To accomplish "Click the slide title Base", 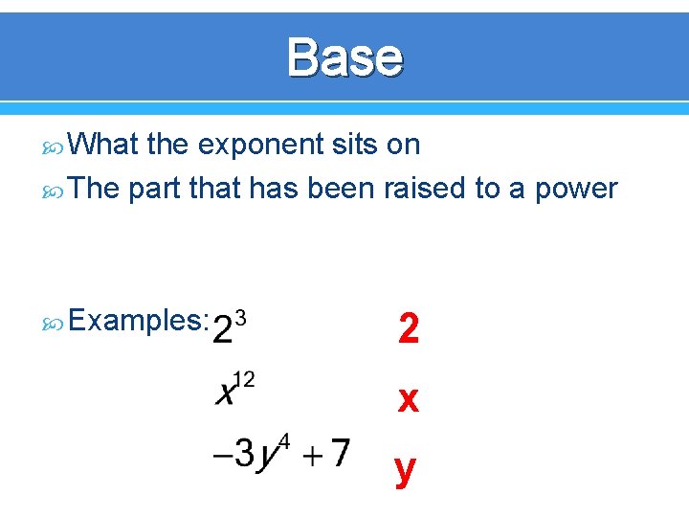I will tap(344, 57).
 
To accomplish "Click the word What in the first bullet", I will tap(104, 145).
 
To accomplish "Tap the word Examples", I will tap(138, 321).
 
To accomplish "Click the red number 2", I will tap(409, 330).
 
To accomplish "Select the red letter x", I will tap(409, 399).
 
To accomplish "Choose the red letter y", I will tap(407, 469).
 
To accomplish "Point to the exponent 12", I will tap(244, 379).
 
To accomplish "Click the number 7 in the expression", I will tap(338, 453).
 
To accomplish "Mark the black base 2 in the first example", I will tap(222, 329).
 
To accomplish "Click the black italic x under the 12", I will tap(226, 393).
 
